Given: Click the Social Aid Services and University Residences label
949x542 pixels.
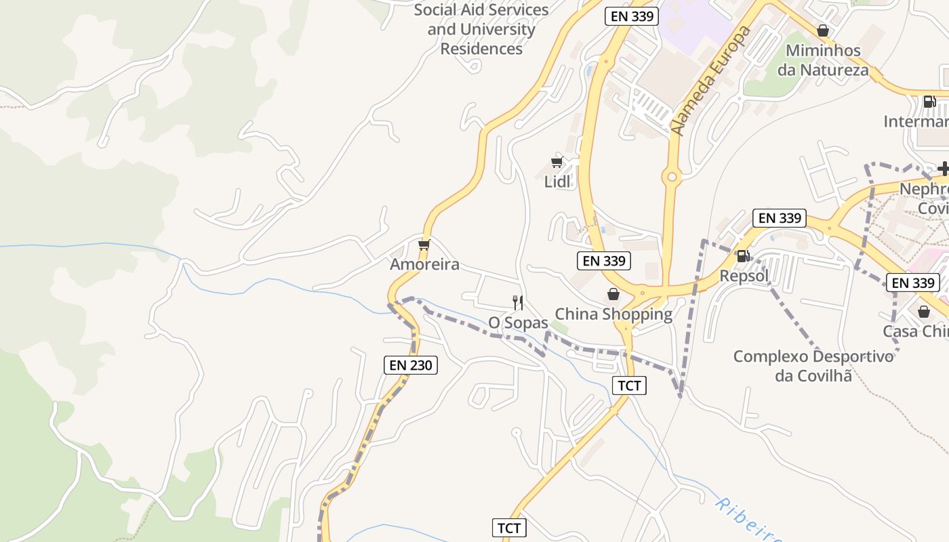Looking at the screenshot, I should pos(481,29).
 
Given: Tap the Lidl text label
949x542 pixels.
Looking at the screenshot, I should pos(557,182).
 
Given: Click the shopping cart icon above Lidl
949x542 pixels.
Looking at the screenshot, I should pos(557,162).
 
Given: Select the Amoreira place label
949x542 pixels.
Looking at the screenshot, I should pos(424,264).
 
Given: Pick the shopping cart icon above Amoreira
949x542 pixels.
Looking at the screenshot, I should pos(424,244).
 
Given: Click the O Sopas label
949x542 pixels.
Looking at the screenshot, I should pos(518,323).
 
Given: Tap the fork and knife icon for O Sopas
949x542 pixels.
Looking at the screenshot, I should pos(518,302).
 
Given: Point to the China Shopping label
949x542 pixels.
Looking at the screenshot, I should pos(613,314).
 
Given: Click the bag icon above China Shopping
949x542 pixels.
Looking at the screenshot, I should pos(613,294).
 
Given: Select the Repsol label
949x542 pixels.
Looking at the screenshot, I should pos(744,276).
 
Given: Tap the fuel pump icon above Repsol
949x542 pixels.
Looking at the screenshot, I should pos(744,256).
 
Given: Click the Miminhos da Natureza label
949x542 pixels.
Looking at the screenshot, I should pos(823,60).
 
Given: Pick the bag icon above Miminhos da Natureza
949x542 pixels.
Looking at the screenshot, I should pos(823,30).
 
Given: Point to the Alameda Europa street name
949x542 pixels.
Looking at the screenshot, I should pos(711,81).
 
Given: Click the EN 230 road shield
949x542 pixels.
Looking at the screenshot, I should pos(411,365).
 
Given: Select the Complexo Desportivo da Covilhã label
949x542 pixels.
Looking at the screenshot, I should pos(813,365).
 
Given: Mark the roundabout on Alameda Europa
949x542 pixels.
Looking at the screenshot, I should pos(672,178).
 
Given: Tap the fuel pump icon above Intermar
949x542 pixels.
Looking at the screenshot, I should pos(930,102).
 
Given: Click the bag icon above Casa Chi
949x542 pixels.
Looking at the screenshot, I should pos(923,312).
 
